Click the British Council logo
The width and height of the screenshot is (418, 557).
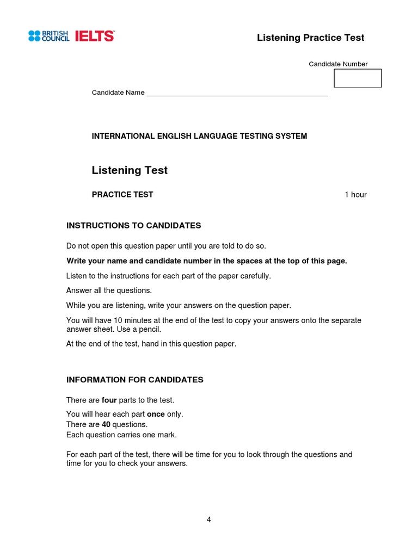[48, 36]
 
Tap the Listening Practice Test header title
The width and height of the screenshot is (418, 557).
[310, 38]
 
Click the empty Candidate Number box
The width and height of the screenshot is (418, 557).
[357, 78]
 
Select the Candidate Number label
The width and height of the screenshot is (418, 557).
[338, 64]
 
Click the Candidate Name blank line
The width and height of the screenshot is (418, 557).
[237, 94]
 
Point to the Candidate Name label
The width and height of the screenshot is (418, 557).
[118, 92]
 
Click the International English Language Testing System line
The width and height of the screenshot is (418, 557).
[199, 136]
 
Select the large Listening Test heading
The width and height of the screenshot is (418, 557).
[130, 170]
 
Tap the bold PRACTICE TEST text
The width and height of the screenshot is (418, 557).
[122, 195]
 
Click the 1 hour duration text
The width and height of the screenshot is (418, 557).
[355, 195]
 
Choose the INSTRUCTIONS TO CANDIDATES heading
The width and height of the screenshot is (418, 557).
[133, 225]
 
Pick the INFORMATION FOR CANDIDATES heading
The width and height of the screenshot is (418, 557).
[134, 380]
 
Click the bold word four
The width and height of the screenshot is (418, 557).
[109, 400]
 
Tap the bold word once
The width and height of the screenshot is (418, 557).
[156, 414]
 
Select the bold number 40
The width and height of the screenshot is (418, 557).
[106, 424]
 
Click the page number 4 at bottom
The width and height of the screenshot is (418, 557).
[208, 519]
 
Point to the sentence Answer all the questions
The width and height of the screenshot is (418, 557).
[109, 290]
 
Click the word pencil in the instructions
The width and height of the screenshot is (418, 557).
[149, 330]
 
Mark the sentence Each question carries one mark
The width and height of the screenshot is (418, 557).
[121, 435]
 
